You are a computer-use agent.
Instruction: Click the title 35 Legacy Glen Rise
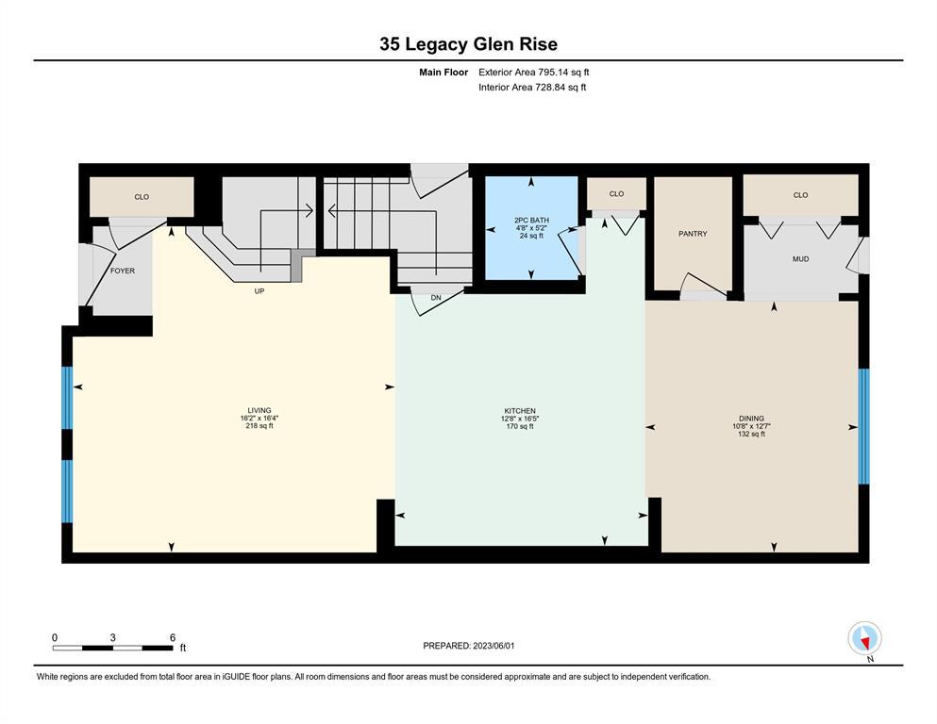[x=468, y=44]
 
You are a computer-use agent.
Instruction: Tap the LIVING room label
[x=259, y=411]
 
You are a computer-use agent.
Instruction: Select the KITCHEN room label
[x=520, y=411]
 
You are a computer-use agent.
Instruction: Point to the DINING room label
[x=751, y=419]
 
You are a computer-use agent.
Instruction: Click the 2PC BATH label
[x=531, y=221]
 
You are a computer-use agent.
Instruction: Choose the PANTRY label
[x=693, y=234]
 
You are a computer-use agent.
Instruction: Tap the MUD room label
[x=801, y=259]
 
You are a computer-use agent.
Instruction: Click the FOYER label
[x=123, y=271]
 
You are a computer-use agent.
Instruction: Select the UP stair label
[x=259, y=291]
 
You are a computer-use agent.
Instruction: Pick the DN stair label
[x=436, y=298]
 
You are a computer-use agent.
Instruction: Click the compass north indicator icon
[x=864, y=639]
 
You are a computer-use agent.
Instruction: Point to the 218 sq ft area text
[x=259, y=426]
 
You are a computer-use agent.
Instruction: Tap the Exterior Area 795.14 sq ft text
[x=534, y=73]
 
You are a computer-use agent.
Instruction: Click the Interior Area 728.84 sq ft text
[x=532, y=87]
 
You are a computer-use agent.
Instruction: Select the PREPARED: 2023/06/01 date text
[x=468, y=646]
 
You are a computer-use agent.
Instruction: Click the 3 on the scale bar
[x=113, y=637]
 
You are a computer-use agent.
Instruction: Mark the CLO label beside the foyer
[x=142, y=197]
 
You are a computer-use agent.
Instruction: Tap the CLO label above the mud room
[x=801, y=195]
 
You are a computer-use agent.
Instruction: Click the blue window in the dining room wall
[x=863, y=426]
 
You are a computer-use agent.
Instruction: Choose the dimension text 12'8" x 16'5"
[x=520, y=419]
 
